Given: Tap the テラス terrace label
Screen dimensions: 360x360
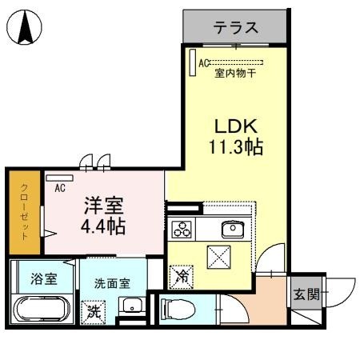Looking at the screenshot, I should click(236, 28).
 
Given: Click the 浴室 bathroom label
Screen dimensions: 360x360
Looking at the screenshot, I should click(43, 280).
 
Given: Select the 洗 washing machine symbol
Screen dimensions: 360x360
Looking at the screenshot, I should click(92, 309).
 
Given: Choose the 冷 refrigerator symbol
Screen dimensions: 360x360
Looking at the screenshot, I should click(180, 277).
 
